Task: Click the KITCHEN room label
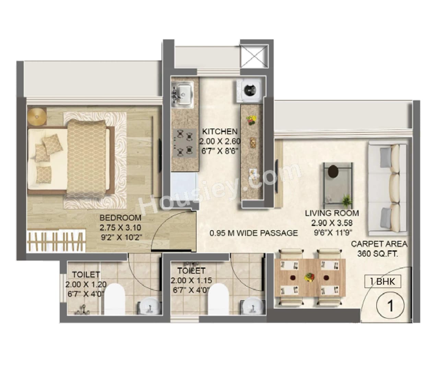click(x=219, y=131)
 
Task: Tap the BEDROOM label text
click(x=120, y=218)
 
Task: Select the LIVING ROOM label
click(x=332, y=213)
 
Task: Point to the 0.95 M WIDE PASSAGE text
click(x=254, y=233)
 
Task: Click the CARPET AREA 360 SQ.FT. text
click(x=379, y=249)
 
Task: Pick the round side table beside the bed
click(x=37, y=117)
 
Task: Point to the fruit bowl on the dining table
click(x=310, y=277)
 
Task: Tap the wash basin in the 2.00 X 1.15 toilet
click(x=253, y=305)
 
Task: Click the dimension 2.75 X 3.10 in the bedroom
click(x=120, y=227)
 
